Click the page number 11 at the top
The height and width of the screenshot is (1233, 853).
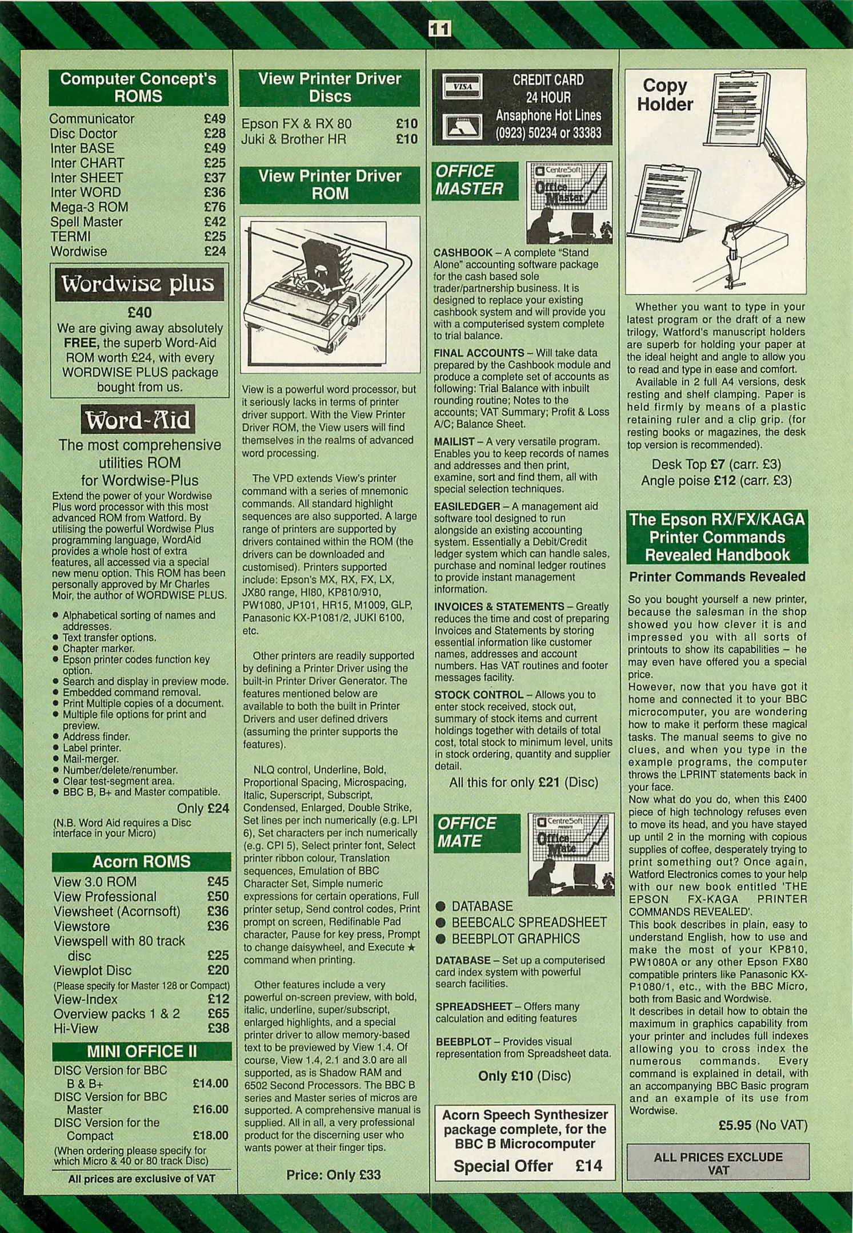pyautogui.click(x=439, y=29)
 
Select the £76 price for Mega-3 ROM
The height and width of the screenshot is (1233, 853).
pyautogui.click(x=215, y=207)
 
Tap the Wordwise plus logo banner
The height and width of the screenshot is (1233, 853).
pyautogui.click(x=138, y=284)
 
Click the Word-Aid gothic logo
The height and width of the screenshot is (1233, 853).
pyautogui.click(x=138, y=420)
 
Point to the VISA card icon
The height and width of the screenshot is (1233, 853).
pyautogui.click(x=462, y=87)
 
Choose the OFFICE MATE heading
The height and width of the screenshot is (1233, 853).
pyautogui.click(x=467, y=832)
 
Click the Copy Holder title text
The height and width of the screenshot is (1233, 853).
pyautogui.click(x=664, y=95)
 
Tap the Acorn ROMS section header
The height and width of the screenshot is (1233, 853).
pyautogui.click(x=141, y=861)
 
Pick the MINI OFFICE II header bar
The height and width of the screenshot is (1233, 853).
pyautogui.click(x=141, y=1051)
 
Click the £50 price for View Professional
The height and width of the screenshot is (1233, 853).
pyautogui.click(x=218, y=897)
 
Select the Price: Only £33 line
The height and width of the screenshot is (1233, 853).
pyautogui.click(x=333, y=1175)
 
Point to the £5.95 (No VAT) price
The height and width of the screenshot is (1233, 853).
pyautogui.click(x=763, y=1125)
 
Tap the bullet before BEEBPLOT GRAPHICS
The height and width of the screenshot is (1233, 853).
pyautogui.click(x=440, y=939)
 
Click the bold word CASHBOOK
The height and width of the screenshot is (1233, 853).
pyautogui.click(x=463, y=253)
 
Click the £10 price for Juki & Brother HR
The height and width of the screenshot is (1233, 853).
pyautogui.click(x=406, y=139)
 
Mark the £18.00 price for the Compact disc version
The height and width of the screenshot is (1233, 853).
pyautogui.click(x=210, y=1136)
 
